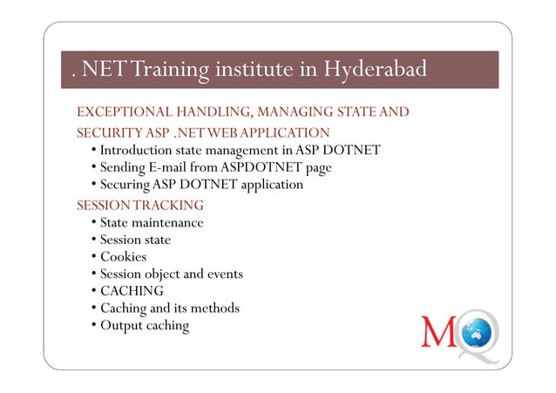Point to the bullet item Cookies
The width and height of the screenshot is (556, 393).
click(123, 257)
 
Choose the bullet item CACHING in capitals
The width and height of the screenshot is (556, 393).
click(132, 291)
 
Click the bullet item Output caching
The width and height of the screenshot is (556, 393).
click(144, 326)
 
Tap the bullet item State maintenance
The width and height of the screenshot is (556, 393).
click(152, 223)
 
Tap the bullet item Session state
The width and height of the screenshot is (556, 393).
click(135, 240)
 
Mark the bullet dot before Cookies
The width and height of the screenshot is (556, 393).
click(92, 257)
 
